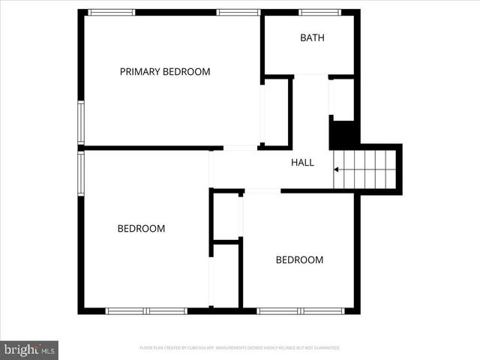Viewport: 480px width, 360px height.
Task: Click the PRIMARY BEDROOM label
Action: click(x=165, y=72)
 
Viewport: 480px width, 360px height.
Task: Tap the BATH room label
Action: click(x=312, y=37)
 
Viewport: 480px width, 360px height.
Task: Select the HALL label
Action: click(x=302, y=162)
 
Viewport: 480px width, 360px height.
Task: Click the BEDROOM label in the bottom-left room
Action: click(x=141, y=229)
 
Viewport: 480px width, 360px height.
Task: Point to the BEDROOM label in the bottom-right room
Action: click(x=299, y=260)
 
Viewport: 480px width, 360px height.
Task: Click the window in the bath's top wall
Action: click(x=320, y=13)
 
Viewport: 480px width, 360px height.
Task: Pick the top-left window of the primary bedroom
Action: click(x=112, y=13)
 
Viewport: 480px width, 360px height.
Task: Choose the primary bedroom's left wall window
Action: click(x=81, y=122)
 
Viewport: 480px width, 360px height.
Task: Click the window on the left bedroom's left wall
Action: click(x=81, y=173)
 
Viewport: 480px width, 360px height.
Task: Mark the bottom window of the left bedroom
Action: click(x=146, y=310)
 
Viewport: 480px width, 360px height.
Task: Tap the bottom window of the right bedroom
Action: click(x=301, y=310)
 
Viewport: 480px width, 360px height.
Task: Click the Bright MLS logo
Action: click(x=29, y=349)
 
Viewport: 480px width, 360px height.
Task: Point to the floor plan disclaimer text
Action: click(x=240, y=348)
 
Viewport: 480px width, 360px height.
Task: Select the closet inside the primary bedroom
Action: click(x=275, y=112)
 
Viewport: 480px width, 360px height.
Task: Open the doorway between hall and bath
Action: click(x=310, y=76)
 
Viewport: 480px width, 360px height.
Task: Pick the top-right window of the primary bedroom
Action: click(x=238, y=13)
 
